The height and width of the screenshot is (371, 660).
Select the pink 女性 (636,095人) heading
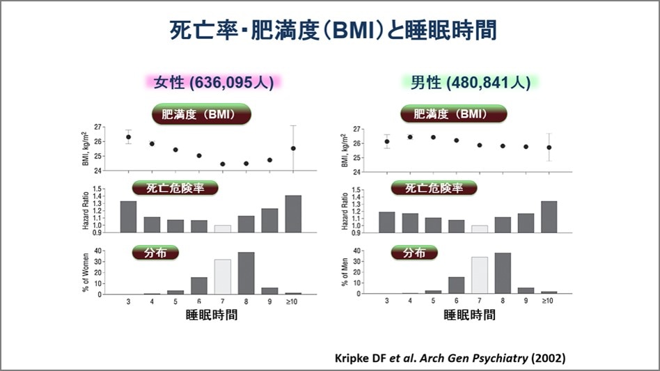[214, 82]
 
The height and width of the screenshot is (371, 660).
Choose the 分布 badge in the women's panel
[156, 252]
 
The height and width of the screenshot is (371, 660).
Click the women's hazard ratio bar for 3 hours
[128, 216]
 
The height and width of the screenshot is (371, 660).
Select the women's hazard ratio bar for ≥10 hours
[293, 214]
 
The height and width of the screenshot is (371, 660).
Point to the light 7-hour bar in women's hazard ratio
[222, 228]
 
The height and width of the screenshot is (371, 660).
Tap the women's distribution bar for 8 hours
[246, 273]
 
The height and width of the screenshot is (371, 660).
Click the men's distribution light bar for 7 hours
[480, 275]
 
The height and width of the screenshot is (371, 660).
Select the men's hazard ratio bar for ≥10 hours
[549, 216]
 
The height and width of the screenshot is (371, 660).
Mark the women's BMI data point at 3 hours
[128, 137]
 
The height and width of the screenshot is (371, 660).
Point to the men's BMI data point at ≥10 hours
[549, 148]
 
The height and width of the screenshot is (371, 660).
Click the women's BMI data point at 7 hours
[222, 164]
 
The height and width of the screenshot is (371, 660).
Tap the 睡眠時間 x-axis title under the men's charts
[469, 315]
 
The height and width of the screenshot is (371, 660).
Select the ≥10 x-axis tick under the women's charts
[293, 301]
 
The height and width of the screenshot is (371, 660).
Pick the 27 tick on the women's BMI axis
[97, 127]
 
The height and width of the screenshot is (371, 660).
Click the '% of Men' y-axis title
[345, 272]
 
